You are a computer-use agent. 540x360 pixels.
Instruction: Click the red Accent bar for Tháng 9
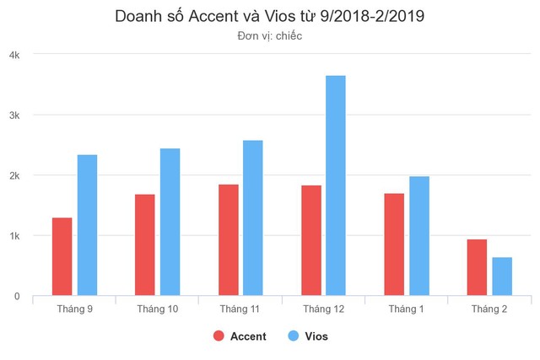point(62,257)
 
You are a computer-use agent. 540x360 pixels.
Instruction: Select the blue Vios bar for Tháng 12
point(336,185)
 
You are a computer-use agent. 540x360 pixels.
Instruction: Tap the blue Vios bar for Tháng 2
point(502,277)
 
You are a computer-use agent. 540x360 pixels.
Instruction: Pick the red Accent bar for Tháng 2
point(477,268)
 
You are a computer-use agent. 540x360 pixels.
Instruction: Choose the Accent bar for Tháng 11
point(228,240)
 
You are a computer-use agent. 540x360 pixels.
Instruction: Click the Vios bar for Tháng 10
point(170,223)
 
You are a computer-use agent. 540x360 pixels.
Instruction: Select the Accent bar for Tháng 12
point(310,240)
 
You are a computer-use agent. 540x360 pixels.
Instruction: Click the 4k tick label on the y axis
point(14,54)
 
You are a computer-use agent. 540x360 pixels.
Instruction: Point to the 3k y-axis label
point(14,115)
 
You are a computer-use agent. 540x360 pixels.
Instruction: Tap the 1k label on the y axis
point(14,236)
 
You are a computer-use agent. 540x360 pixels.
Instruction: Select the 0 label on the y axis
point(17,297)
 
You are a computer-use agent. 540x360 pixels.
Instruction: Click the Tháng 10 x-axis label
point(158,309)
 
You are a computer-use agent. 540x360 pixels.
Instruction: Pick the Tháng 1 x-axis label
point(407,309)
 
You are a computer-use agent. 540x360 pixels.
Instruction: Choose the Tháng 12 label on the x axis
point(324,309)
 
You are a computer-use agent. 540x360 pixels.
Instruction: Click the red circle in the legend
point(219,336)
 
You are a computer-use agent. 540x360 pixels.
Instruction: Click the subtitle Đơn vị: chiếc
point(270,36)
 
